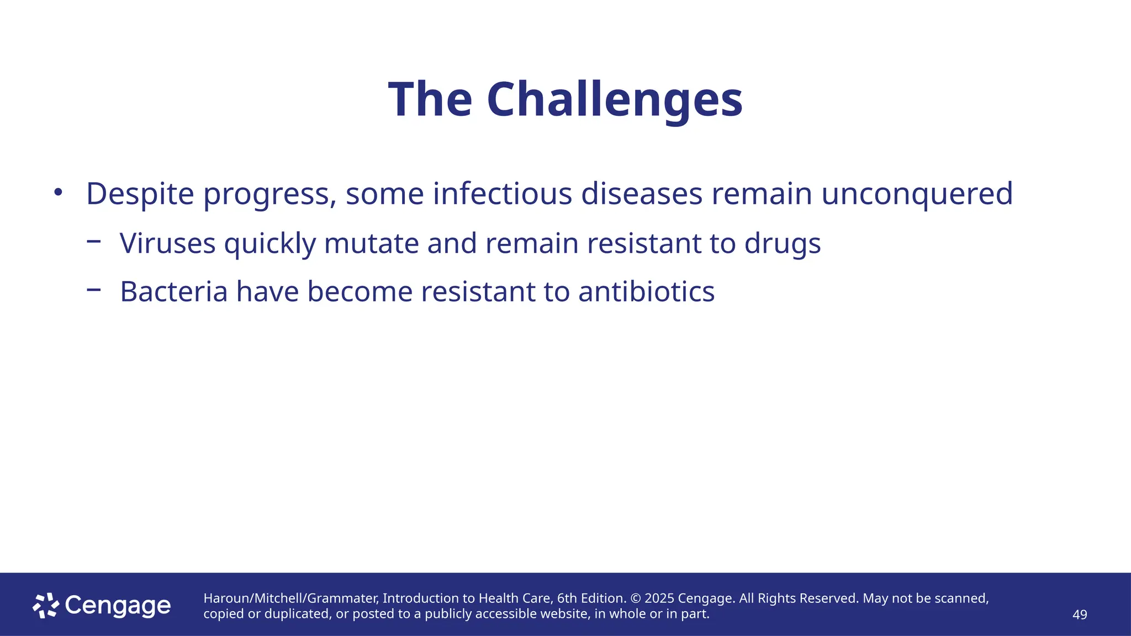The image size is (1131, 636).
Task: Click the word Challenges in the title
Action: tap(614, 100)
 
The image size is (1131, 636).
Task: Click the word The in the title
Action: tap(430, 100)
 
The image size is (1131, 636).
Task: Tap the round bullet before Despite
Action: tap(58, 192)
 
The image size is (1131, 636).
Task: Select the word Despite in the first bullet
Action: tap(140, 194)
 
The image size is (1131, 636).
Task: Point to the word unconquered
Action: tap(917, 194)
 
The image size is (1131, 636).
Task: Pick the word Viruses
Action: tap(167, 243)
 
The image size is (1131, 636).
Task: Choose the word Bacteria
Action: tap(173, 291)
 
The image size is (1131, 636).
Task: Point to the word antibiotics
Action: tap(646, 291)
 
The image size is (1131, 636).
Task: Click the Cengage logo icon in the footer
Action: tap(45, 606)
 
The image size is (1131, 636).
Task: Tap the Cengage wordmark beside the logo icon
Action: tap(118, 606)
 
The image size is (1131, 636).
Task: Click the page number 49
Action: tap(1079, 614)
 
